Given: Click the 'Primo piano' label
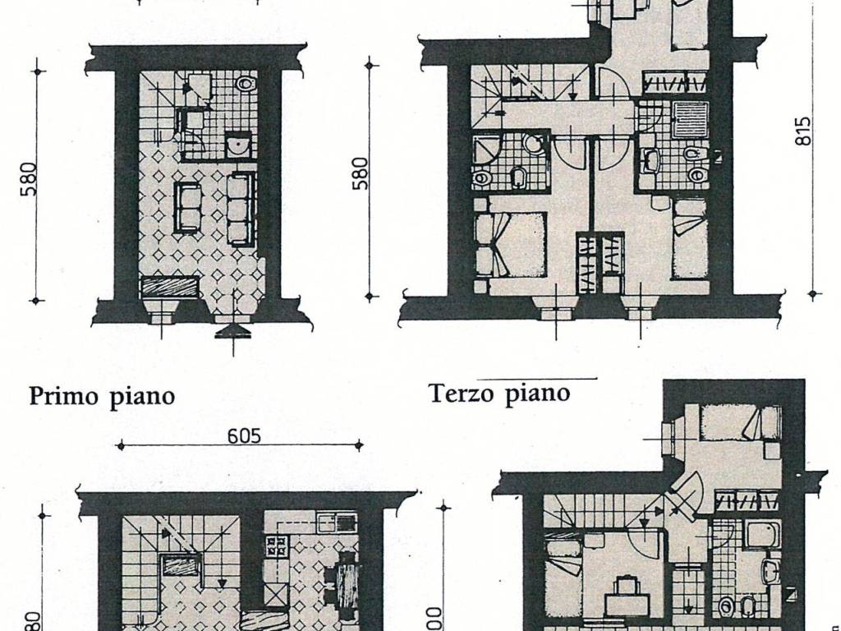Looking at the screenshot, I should [102, 396].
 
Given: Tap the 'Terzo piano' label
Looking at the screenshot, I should [499, 394].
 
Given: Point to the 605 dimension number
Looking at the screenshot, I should [244, 435].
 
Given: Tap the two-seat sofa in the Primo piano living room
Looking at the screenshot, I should [186, 207].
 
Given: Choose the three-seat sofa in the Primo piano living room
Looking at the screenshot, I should [241, 209].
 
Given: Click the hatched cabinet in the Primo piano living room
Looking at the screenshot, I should [170, 286].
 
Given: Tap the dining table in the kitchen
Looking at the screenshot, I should [347, 580].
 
